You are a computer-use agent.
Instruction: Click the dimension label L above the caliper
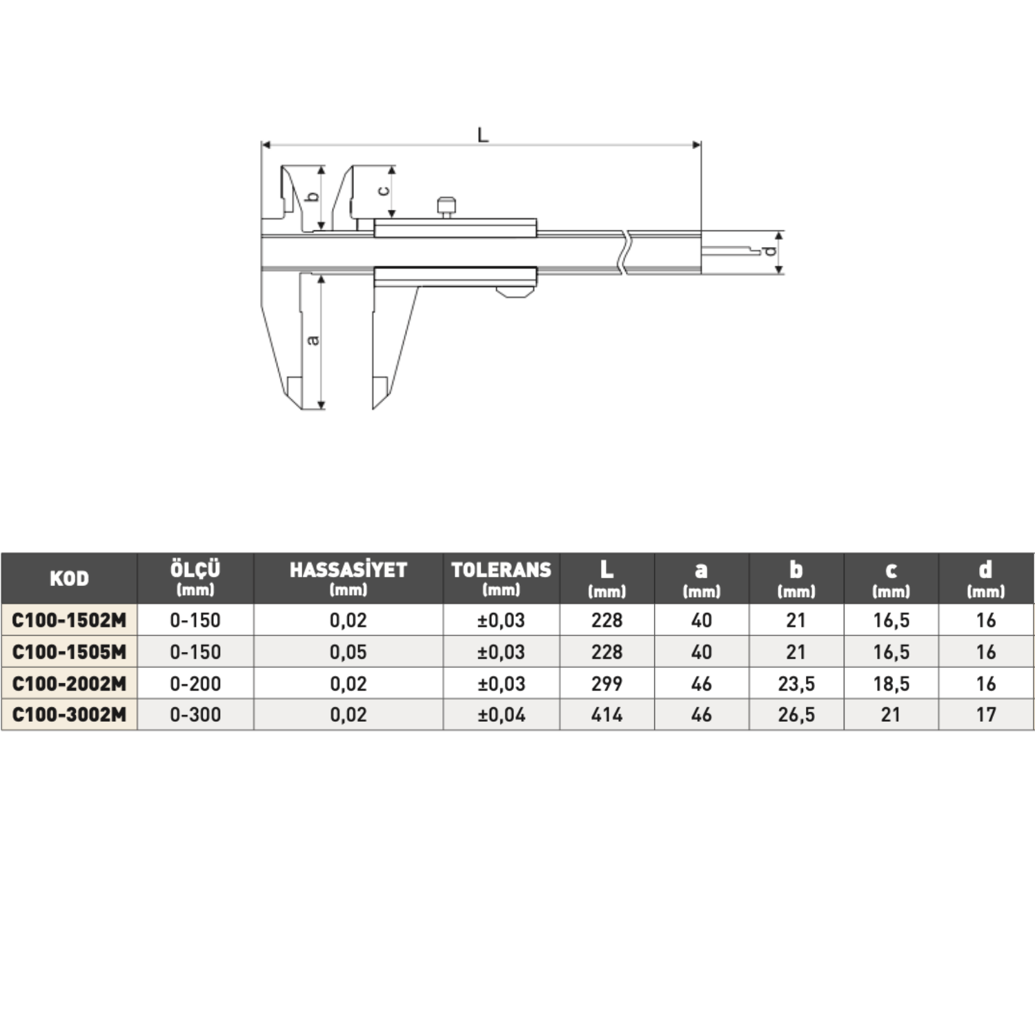coord(483,135)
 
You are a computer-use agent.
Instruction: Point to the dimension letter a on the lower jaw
coord(313,339)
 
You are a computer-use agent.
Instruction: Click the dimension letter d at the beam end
coord(770,251)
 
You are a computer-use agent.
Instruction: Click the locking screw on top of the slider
coord(446,208)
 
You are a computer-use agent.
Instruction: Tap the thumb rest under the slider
coord(515,292)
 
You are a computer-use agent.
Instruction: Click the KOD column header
coord(69,578)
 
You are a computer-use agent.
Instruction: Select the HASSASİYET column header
coord(348,570)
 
